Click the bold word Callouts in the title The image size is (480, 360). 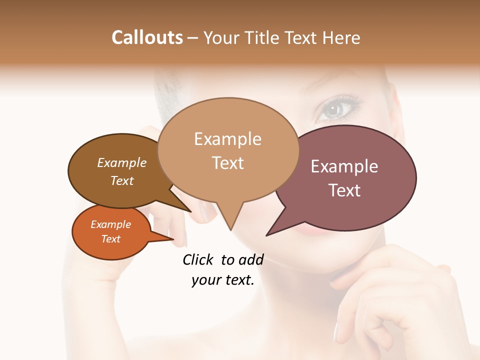tap(147, 37)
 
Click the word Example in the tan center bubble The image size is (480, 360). tap(227, 139)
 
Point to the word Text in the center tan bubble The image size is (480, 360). tap(227, 163)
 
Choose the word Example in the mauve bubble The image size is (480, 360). tap(344, 166)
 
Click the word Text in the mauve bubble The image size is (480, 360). tap(344, 190)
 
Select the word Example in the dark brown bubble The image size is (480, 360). tap(122, 162)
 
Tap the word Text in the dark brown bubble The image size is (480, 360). tap(122, 180)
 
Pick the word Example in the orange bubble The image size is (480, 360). tap(110, 224)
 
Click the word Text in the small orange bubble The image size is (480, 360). tap(110, 239)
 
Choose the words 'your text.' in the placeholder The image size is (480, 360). tap(222, 280)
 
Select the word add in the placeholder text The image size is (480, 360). tap(251, 259)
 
